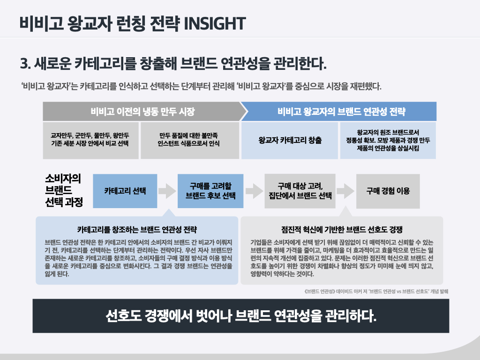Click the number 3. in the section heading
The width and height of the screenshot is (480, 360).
point(25,64)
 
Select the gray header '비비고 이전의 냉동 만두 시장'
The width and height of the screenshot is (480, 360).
point(142,112)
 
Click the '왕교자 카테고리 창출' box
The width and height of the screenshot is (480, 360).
point(290,140)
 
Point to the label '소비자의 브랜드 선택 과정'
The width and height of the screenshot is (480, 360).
point(63,190)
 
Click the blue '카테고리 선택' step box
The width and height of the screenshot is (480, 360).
point(125,191)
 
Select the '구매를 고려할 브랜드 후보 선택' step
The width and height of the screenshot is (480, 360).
point(210,191)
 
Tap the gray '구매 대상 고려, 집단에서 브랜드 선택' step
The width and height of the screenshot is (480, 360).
point(300,191)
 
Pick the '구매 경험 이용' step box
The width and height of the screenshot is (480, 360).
point(388,191)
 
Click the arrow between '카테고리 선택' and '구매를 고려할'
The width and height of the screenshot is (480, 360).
point(166,191)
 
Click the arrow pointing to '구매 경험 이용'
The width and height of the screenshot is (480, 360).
point(345,191)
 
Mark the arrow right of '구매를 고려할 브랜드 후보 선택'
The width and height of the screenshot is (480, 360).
point(254,191)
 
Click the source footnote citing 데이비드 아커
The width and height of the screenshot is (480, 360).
point(376,291)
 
